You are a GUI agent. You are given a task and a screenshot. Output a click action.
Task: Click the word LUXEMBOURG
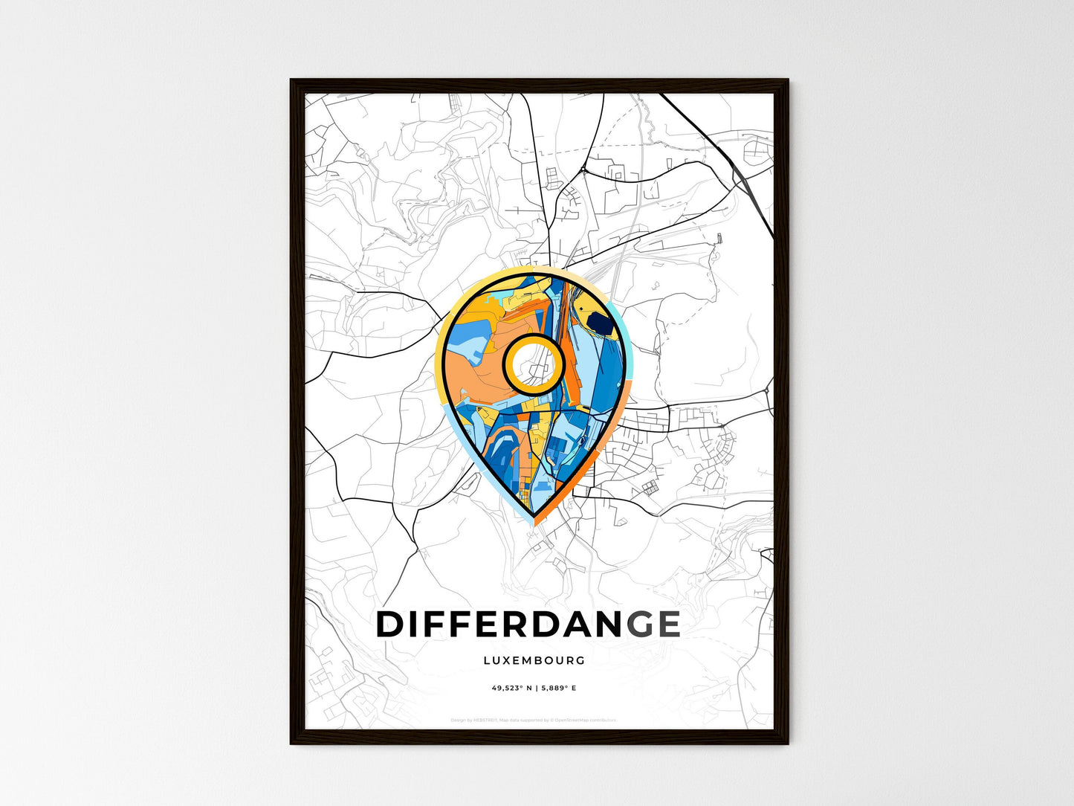coord(534,660)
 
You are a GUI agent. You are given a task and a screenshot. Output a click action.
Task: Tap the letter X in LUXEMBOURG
coord(505,660)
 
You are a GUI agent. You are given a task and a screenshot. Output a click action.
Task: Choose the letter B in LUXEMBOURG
coord(539,660)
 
